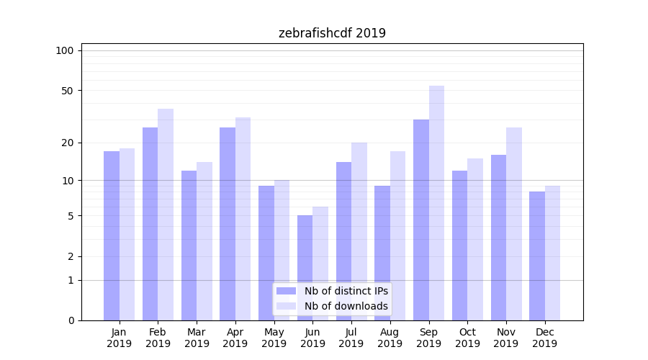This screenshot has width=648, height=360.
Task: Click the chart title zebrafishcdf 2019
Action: coord(332,33)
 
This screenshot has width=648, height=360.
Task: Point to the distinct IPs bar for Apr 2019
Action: coord(228,224)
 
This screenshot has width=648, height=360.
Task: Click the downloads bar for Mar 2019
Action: coord(204,241)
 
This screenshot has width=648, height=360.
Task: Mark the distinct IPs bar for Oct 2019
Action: coord(459,246)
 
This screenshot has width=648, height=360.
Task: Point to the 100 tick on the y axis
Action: coord(65,50)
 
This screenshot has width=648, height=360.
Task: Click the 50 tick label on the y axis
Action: coord(68,91)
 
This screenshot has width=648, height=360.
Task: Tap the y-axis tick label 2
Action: coord(71,256)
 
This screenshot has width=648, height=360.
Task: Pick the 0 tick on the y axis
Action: coord(71,320)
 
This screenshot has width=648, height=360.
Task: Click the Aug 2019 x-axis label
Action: coord(390,338)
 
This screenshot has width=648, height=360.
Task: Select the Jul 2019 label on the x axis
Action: coord(351,338)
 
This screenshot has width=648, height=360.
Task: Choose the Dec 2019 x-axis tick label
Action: coord(544,338)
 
